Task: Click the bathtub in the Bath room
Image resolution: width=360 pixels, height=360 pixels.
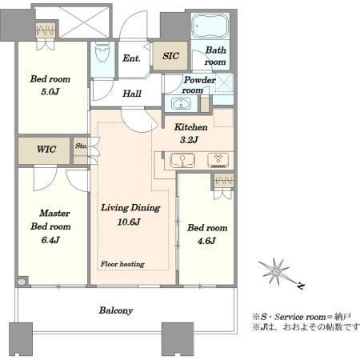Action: pos(210,26)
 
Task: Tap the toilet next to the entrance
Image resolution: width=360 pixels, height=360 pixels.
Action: pos(102,51)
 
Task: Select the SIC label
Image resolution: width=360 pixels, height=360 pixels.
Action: pos(170,56)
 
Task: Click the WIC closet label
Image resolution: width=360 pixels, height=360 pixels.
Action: pos(46,149)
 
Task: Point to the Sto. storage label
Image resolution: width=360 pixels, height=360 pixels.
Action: pos(81,146)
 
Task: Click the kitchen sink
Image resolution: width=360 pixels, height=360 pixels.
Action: pos(182,161)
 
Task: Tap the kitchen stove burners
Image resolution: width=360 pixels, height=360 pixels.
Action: pos(218,160)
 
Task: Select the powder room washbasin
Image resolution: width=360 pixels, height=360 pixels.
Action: pos(181,103)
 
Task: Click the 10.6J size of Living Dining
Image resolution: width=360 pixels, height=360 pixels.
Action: pos(129,222)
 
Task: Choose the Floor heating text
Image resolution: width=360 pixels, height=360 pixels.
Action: pos(122,264)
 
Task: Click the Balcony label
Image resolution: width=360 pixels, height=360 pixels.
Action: pos(116,310)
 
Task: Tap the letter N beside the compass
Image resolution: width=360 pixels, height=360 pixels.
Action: pos(302,286)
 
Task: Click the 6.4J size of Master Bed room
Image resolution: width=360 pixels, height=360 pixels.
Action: pos(50,240)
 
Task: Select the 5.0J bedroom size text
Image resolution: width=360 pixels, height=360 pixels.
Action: pos(50,92)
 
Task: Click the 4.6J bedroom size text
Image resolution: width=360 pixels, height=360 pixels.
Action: pos(206,241)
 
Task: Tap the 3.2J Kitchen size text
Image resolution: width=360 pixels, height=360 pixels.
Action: pos(189,140)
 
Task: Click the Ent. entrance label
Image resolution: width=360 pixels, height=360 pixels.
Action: pos(131,58)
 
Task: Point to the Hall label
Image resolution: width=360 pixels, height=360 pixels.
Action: pos(132,94)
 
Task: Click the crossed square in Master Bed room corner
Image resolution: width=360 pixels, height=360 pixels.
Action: pos(22,282)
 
